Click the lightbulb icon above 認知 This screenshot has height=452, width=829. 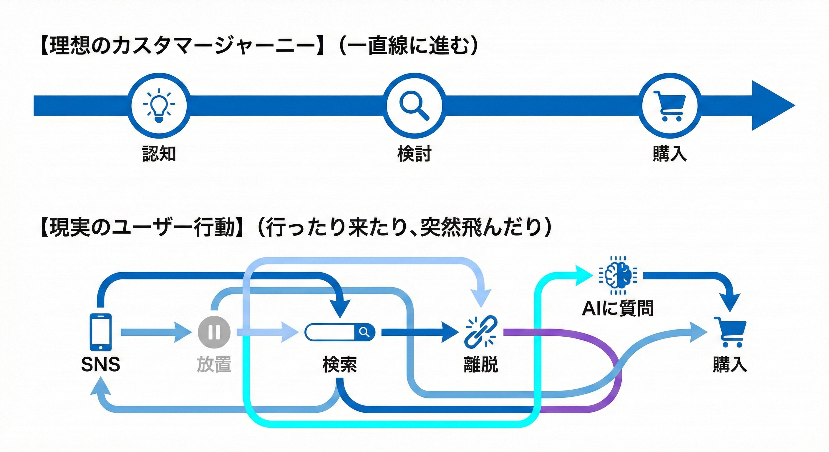pos(159,106)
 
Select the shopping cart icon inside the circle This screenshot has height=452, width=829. pos(669,106)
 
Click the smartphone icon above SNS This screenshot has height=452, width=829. pos(101,332)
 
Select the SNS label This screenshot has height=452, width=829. pos(101,365)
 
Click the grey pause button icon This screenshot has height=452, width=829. pos(214,332)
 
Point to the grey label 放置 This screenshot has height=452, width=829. pos(214,365)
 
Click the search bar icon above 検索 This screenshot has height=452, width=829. pos(339,332)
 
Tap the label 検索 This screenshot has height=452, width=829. pos(339,365)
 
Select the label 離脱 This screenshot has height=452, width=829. pos(481,365)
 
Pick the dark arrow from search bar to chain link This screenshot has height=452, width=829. pos(418,332)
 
